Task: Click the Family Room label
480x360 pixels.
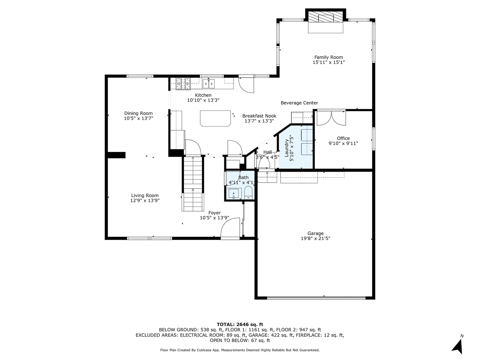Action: click(328, 57)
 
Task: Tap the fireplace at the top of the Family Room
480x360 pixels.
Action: click(326, 18)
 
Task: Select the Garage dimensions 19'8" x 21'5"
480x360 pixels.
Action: click(315, 238)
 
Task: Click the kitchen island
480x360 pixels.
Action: click(216, 118)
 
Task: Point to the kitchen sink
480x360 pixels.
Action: click(208, 83)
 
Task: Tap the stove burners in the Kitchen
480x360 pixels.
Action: click(183, 83)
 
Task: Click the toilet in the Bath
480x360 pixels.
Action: click(248, 192)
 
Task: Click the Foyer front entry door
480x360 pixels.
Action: click(231, 229)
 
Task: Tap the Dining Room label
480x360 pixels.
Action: click(138, 113)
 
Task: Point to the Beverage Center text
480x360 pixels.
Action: click(299, 103)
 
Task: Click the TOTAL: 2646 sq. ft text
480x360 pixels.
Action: click(240, 324)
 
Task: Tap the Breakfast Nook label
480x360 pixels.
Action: click(259, 116)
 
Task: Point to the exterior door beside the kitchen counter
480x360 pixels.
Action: click(246, 84)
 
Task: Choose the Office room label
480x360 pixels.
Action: click(343, 138)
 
